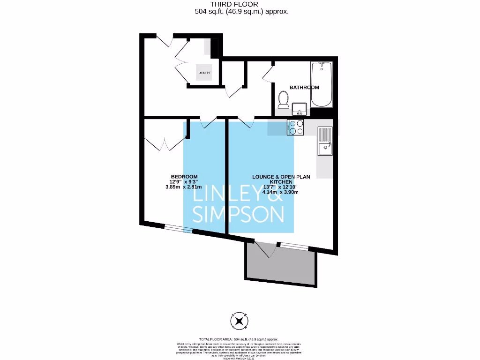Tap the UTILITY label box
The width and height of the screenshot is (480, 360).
coord(204,73)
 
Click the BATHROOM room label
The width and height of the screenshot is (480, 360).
coord(304,88)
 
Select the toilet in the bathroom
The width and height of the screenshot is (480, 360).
coord(283,99)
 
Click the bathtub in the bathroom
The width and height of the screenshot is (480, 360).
coord(322,84)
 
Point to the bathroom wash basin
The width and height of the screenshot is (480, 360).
coord(299,110)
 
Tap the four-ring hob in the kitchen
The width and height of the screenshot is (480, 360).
coord(296,127)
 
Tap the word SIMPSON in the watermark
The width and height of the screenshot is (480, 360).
coord(239,215)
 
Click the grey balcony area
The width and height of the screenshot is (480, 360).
coord(279,266)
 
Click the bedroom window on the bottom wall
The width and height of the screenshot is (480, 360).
coord(178,229)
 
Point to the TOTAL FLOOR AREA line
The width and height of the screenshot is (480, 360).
coord(240,339)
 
